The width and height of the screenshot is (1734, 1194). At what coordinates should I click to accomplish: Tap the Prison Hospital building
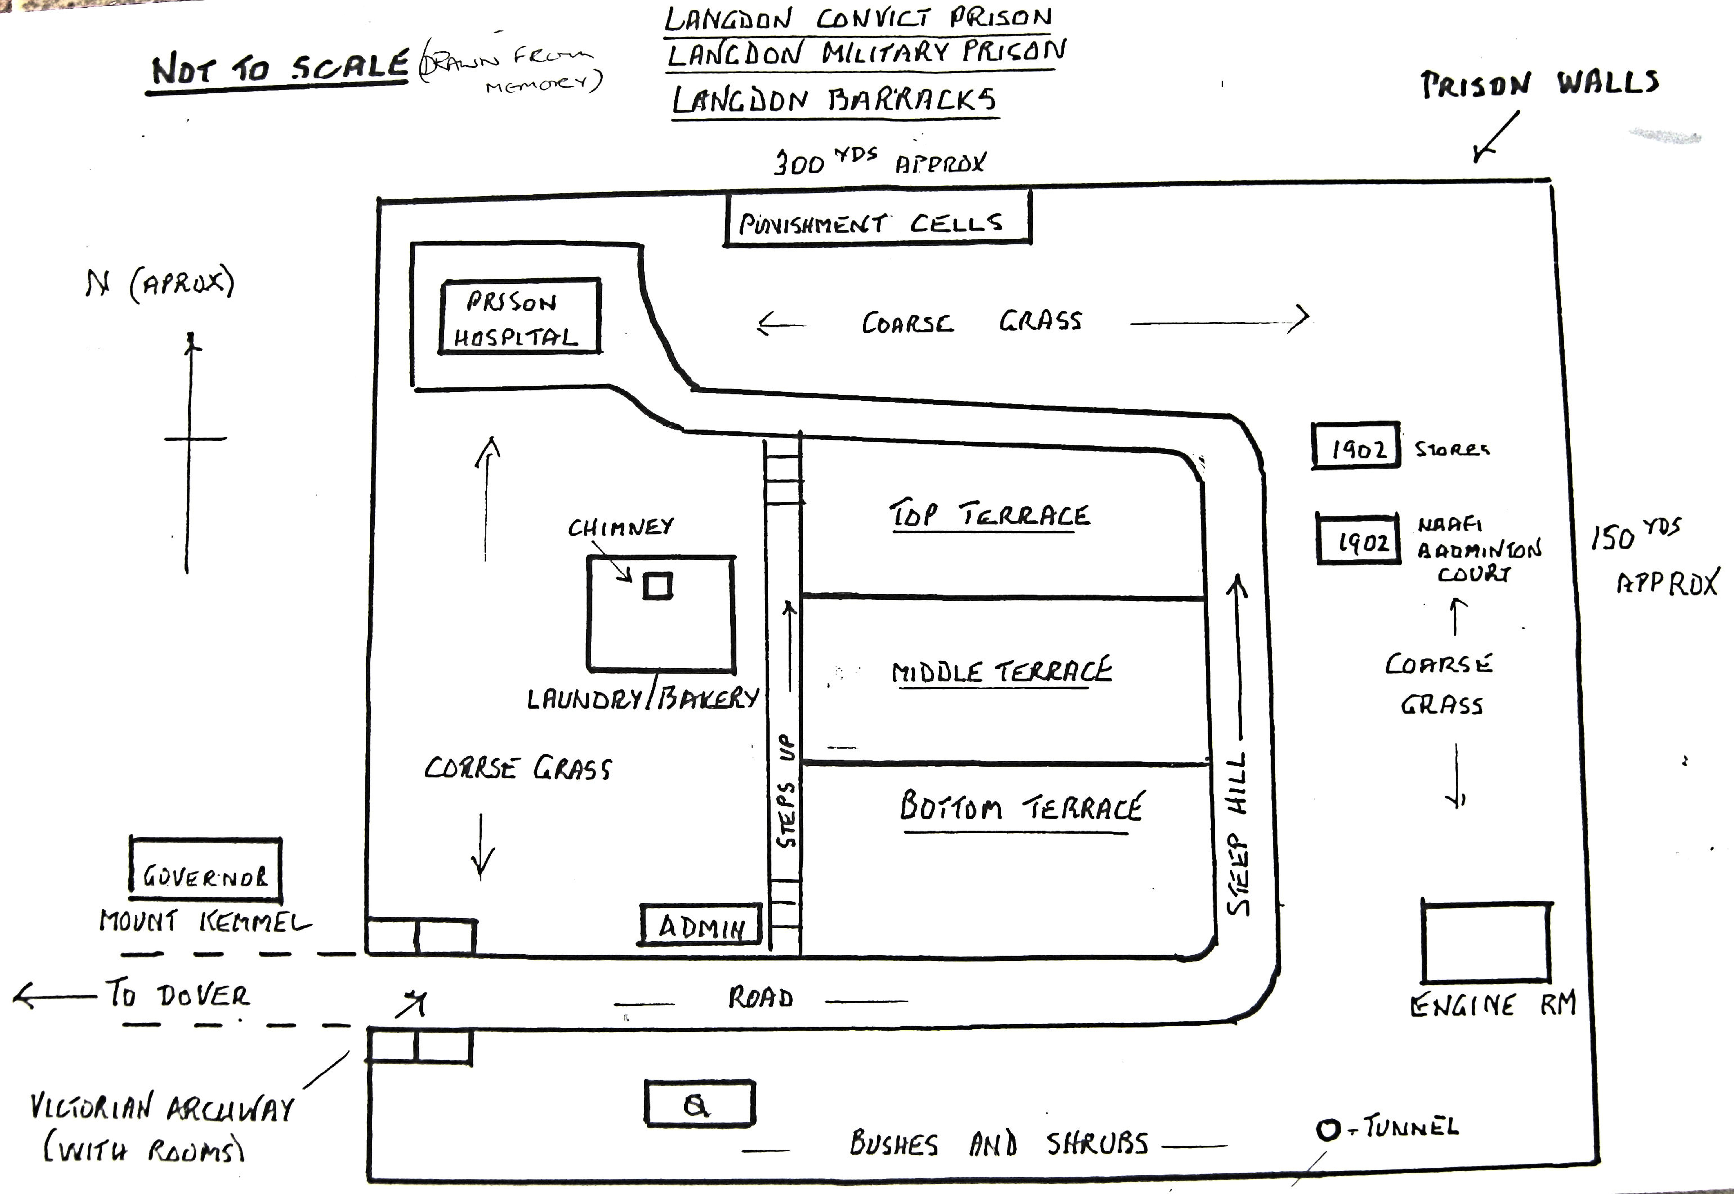coord(520,317)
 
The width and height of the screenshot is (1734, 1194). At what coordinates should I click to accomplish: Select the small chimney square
coord(657,586)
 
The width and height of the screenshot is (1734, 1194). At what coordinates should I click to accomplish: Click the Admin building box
coord(701,925)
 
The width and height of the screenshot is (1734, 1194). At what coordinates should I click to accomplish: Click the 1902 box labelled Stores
coord(1356,446)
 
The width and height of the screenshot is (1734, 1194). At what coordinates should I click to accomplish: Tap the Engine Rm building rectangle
coord(1485,943)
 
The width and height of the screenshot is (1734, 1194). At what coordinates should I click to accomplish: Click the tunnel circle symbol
coord(1328,1129)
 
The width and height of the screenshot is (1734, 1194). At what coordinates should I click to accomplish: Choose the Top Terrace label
coord(989,515)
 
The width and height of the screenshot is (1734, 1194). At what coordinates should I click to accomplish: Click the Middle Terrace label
coord(1001,671)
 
